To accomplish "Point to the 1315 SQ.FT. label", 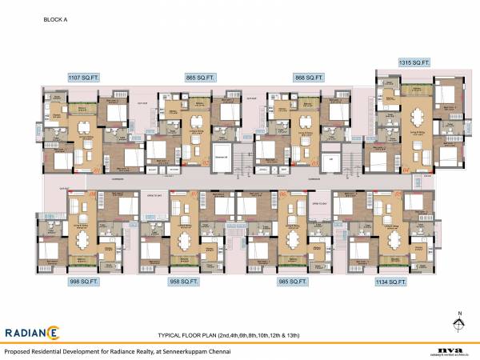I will pos(415,62).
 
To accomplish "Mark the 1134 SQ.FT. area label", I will pos(391,282).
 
